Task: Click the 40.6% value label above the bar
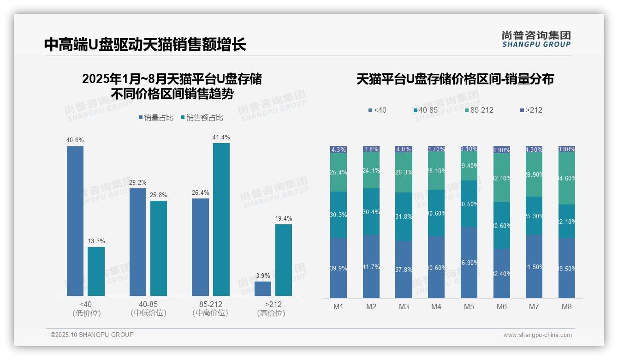click(75, 140)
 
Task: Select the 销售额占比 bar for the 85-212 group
click(221, 219)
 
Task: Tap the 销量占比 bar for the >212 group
click(263, 288)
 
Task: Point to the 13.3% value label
click(96, 241)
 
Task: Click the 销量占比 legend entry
click(156, 118)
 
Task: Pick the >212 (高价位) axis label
click(273, 309)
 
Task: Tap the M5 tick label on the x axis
click(469, 306)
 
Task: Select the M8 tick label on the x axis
click(567, 306)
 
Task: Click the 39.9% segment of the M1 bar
click(339, 268)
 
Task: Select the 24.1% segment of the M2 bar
click(371, 170)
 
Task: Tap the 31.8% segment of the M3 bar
click(404, 216)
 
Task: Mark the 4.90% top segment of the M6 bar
click(502, 150)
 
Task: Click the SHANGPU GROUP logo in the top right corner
click(536, 39)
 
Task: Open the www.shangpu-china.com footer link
click(537, 335)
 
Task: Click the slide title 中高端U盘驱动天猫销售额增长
click(145, 44)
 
